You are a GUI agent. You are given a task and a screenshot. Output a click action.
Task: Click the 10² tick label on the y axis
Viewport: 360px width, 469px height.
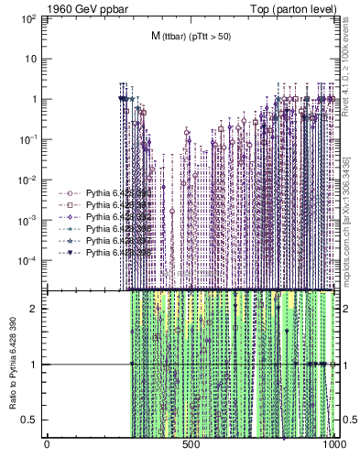pyautogui.click(x=28, y=18)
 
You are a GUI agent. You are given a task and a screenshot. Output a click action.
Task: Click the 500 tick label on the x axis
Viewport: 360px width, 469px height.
pyautogui.click(x=191, y=445)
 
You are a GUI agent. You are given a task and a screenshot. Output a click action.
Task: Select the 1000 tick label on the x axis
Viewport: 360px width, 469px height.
pyautogui.click(x=334, y=445)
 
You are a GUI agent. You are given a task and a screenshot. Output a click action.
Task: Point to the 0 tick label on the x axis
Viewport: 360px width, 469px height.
pyautogui.click(x=47, y=445)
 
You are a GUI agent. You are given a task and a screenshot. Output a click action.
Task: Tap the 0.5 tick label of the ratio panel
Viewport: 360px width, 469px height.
pyautogui.click(x=32, y=420)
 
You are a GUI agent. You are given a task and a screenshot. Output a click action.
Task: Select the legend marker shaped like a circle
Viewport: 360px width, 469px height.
pyautogui.click(x=70, y=193)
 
